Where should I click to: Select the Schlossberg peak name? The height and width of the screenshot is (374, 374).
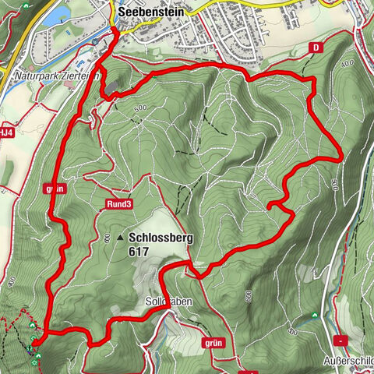coord(162,239)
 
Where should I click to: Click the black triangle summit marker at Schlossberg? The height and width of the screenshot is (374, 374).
coord(121,238)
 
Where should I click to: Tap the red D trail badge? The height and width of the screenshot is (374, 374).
coord(315,48)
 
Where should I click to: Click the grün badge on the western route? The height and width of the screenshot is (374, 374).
coord(53,188)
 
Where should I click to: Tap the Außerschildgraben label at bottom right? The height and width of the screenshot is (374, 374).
coord(350,361)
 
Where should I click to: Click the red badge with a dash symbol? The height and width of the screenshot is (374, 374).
coord(340,340)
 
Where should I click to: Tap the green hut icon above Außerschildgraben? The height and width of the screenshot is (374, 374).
coord(315,315)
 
